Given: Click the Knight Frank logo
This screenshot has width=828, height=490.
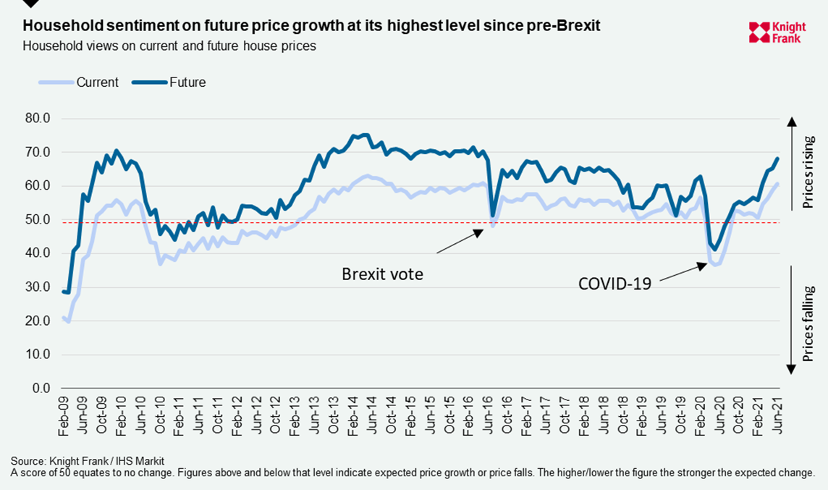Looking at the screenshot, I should (775, 32).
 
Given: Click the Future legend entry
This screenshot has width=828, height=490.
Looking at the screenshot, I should (187, 83).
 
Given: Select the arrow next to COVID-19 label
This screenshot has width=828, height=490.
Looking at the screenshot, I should (681, 271).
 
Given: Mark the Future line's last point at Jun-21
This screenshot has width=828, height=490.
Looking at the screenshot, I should (778, 159).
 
